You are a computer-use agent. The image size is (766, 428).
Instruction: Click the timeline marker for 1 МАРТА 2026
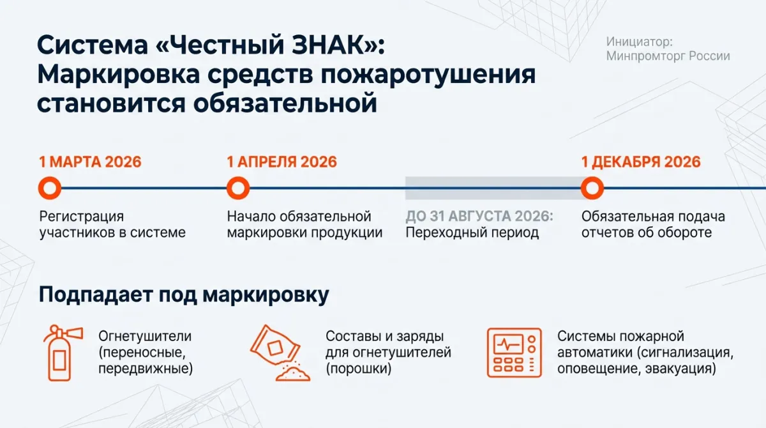coord(50,180)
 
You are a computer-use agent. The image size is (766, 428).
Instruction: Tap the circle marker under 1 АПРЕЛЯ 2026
coord(238,180)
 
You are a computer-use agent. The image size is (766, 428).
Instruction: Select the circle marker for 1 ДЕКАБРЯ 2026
coord(592,180)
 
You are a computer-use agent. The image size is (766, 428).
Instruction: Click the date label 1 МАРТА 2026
coord(90,162)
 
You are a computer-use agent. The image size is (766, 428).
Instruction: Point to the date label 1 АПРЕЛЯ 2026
coord(282,162)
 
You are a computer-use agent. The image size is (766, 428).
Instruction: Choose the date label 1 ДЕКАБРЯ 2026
coord(641,162)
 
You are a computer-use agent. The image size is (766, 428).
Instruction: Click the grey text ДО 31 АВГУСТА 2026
coord(479,216)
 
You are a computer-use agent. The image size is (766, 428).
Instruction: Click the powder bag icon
coord(280,353)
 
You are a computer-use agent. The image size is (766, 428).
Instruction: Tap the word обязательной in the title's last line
coord(285,103)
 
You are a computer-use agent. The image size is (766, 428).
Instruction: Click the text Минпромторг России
coord(668,56)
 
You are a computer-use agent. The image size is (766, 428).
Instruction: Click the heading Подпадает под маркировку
coord(184,294)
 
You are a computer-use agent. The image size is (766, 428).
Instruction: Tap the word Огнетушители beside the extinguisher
coord(145,336)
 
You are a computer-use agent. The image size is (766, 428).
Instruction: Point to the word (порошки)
coord(358,369)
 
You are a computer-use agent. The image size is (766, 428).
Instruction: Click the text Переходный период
coord(472,233)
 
